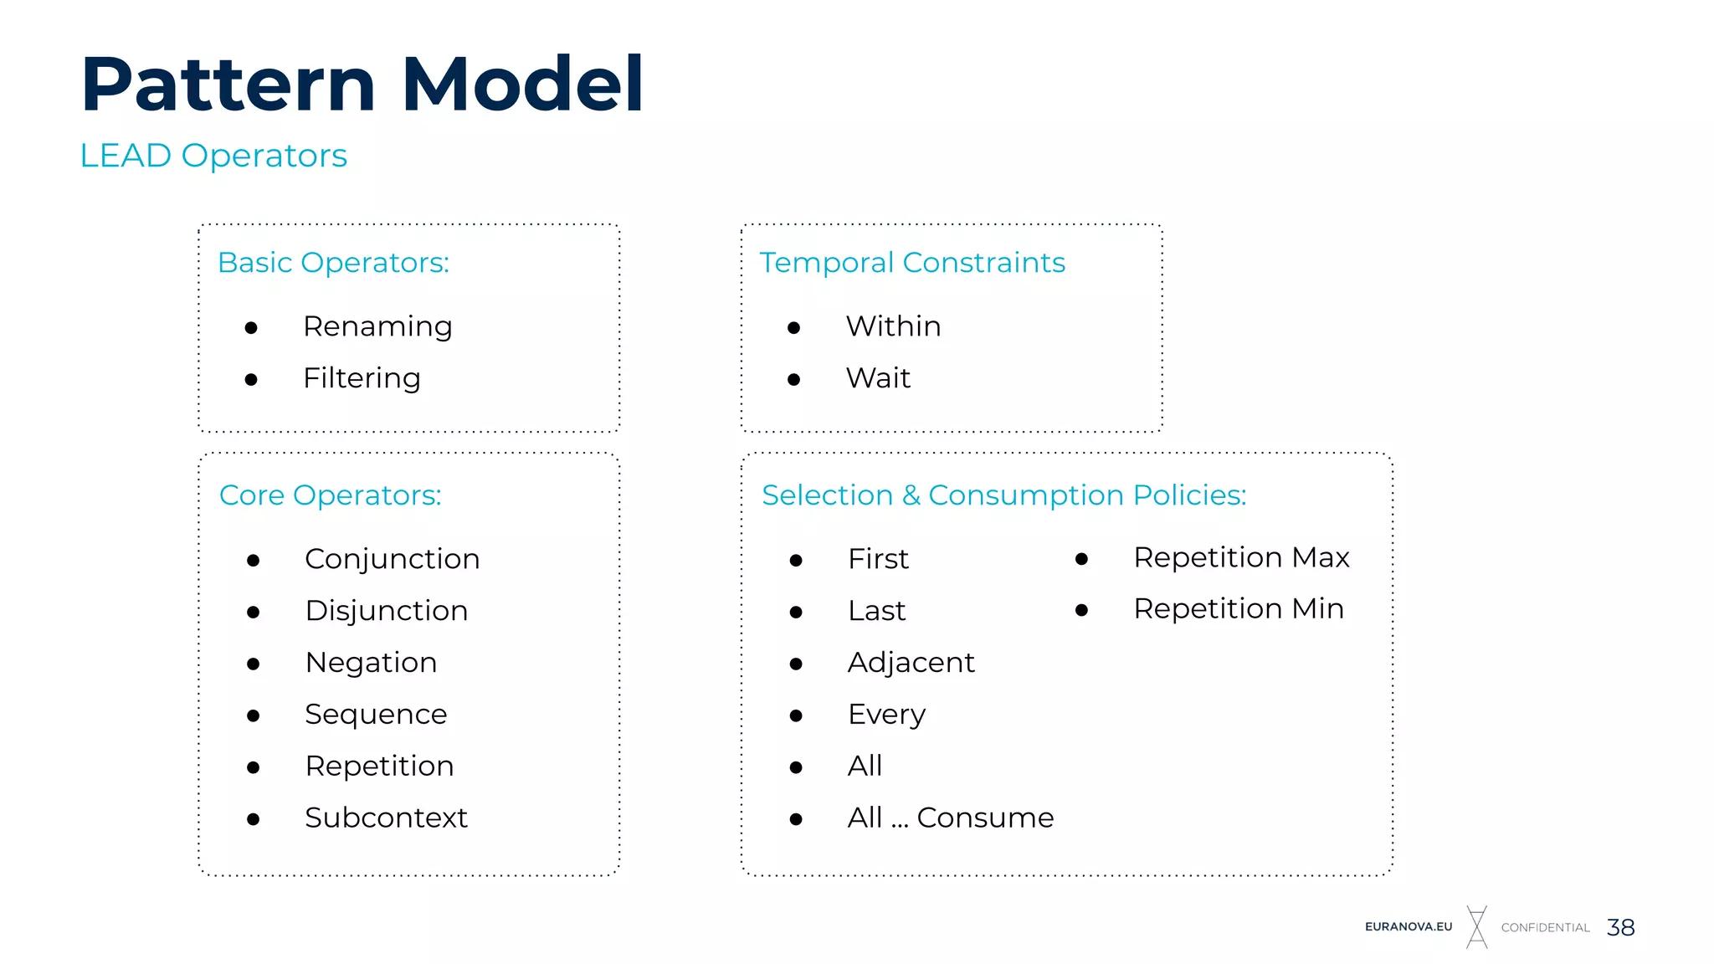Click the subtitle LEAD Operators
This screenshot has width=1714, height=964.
click(213, 156)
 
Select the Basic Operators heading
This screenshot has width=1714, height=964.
click(333, 263)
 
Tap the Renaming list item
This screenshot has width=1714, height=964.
click(377, 326)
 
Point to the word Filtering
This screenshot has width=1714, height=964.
click(362, 378)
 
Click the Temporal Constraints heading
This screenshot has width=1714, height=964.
click(912, 263)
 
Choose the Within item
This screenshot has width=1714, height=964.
click(893, 326)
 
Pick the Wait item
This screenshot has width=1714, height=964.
click(878, 378)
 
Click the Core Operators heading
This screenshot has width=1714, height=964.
click(330, 495)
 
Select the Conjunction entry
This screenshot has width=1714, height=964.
click(392, 559)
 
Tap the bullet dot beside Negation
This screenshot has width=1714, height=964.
click(254, 664)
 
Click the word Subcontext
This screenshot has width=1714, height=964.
click(386, 818)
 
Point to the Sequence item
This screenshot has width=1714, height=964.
click(376, 715)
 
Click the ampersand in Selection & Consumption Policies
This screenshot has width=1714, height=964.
click(911, 495)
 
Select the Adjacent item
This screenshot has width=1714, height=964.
click(911, 663)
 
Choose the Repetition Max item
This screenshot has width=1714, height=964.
click(1241, 557)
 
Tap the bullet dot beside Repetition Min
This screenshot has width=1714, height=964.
click(1081, 611)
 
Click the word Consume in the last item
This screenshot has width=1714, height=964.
click(985, 818)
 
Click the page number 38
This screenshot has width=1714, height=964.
click(1620, 927)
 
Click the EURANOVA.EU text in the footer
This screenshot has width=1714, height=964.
click(1409, 927)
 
